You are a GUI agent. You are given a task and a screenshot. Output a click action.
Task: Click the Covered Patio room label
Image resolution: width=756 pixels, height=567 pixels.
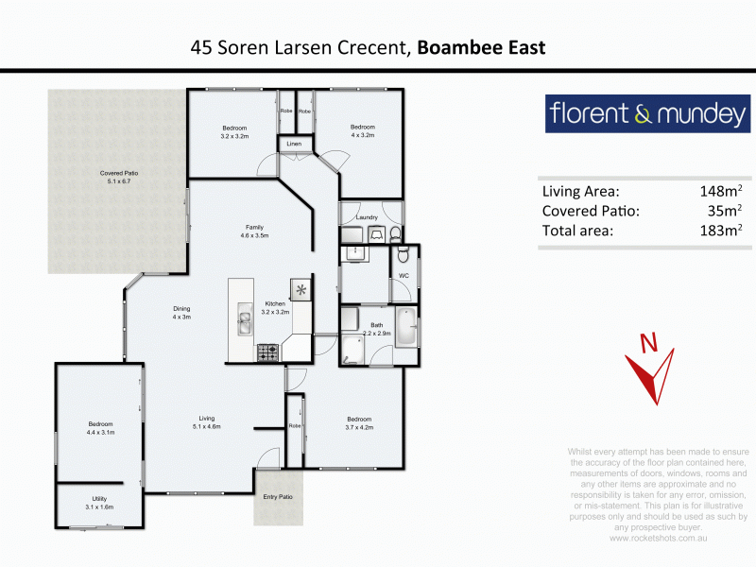[x=120, y=173]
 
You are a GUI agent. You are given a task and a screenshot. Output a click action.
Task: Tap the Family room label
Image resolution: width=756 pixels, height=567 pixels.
[x=254, y=227]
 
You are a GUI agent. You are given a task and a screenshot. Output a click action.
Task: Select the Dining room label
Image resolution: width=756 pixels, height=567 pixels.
[x=181, y=309]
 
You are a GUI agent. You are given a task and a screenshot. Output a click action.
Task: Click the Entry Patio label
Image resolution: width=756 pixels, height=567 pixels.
[x=278, y=496]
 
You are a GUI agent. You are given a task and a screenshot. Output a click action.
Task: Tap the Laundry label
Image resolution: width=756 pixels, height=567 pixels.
[x=367, y=218]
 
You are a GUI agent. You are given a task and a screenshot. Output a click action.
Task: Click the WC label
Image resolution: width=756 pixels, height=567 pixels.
[x=403, y=276]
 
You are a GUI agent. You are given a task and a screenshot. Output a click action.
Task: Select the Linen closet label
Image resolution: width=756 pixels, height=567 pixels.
[x=294, y=144]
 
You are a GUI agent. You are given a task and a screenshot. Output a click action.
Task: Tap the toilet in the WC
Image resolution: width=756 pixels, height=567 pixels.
[x=404, y=255]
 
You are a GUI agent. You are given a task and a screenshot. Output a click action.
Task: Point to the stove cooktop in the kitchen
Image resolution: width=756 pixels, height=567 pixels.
[x=267, y=352]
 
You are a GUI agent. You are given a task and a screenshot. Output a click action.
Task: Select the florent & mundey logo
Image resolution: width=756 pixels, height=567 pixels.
[x=648, y=115]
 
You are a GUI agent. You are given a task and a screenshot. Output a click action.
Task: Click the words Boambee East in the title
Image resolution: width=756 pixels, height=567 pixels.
[x=481, y=47]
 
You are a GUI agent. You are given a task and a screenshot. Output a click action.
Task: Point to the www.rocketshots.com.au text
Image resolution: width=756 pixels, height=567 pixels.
[x=659, y=538]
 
